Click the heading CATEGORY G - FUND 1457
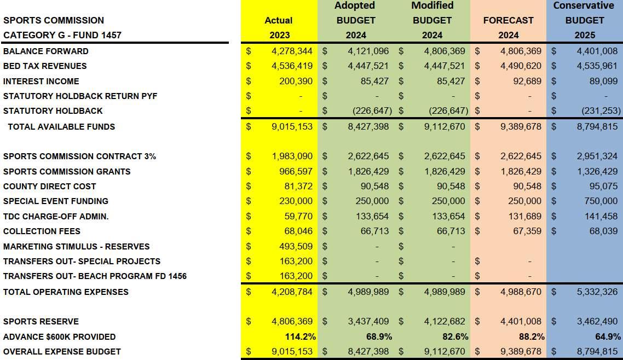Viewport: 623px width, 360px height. coord(62,35)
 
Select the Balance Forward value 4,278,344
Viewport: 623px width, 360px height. coord(292,51)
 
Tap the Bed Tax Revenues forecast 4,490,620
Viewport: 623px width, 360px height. coord(521,66)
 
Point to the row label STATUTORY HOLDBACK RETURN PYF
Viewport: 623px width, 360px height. coord(80,96)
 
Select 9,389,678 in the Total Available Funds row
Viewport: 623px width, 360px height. coord(521,126)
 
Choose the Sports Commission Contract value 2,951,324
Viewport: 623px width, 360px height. coord(597,156)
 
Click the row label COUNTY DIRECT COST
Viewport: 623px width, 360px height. coord(50,186)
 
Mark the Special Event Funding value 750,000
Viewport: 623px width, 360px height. coord(601,201)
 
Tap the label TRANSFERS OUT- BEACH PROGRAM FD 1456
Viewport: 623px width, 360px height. coord(95,276)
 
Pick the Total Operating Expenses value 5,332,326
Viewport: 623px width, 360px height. coord(597,292)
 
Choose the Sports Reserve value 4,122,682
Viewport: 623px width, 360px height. coord(445,321)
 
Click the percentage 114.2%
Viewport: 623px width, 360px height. coord(300,336)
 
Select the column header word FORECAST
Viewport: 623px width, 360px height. coord(508,20)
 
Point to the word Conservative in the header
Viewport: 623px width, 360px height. coord(584,5)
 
